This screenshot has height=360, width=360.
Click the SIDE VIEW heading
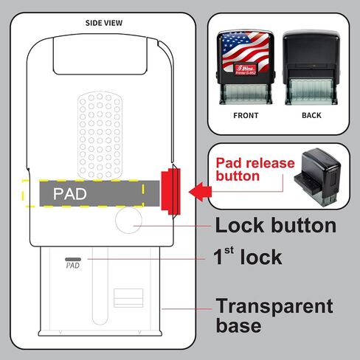pyautogui.click(x=104, y=23)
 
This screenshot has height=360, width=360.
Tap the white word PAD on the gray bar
pyautogui.click(x=70, y=194)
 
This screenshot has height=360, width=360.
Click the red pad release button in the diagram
pyautogui.click(x=171, y=191)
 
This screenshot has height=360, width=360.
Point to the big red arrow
pyautogui.click(x=200, y=192)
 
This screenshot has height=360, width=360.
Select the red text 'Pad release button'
pyautogui.click(x=255, y=170)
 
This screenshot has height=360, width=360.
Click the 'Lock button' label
pyautogui.click(x=276, y=225)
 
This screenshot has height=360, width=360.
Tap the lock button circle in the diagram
pyautogui.click(x=128, y=220)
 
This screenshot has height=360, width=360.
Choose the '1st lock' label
pyautogui.click(x=247, y=257)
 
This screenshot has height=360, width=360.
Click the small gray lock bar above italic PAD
pyautogui.click(x=73, y=259)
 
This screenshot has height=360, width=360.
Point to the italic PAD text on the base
pyautogui.click(x=73, y=266)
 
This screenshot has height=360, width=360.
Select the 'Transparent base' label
pyautogui.click(x=274, y=316)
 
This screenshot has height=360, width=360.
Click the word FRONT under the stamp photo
pyautogui.click(x=246, y=116)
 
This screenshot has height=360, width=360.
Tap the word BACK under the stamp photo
pyautogui.click(x=311, y=115)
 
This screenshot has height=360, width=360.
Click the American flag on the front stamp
pyautogui.click(x=246, y=50)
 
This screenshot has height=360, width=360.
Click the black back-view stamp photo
pyautogui.click(x=311, y=67)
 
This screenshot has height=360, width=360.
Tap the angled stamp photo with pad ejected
pyautogui.click(x=318, y=177)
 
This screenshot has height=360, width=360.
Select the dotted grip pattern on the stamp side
pyautogui.click(x=100, y=136)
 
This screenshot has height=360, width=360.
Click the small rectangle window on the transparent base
pyautogui.click(x=128, y=298)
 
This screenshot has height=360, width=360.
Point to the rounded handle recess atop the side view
pyautogui.click(x=100, y=55)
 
